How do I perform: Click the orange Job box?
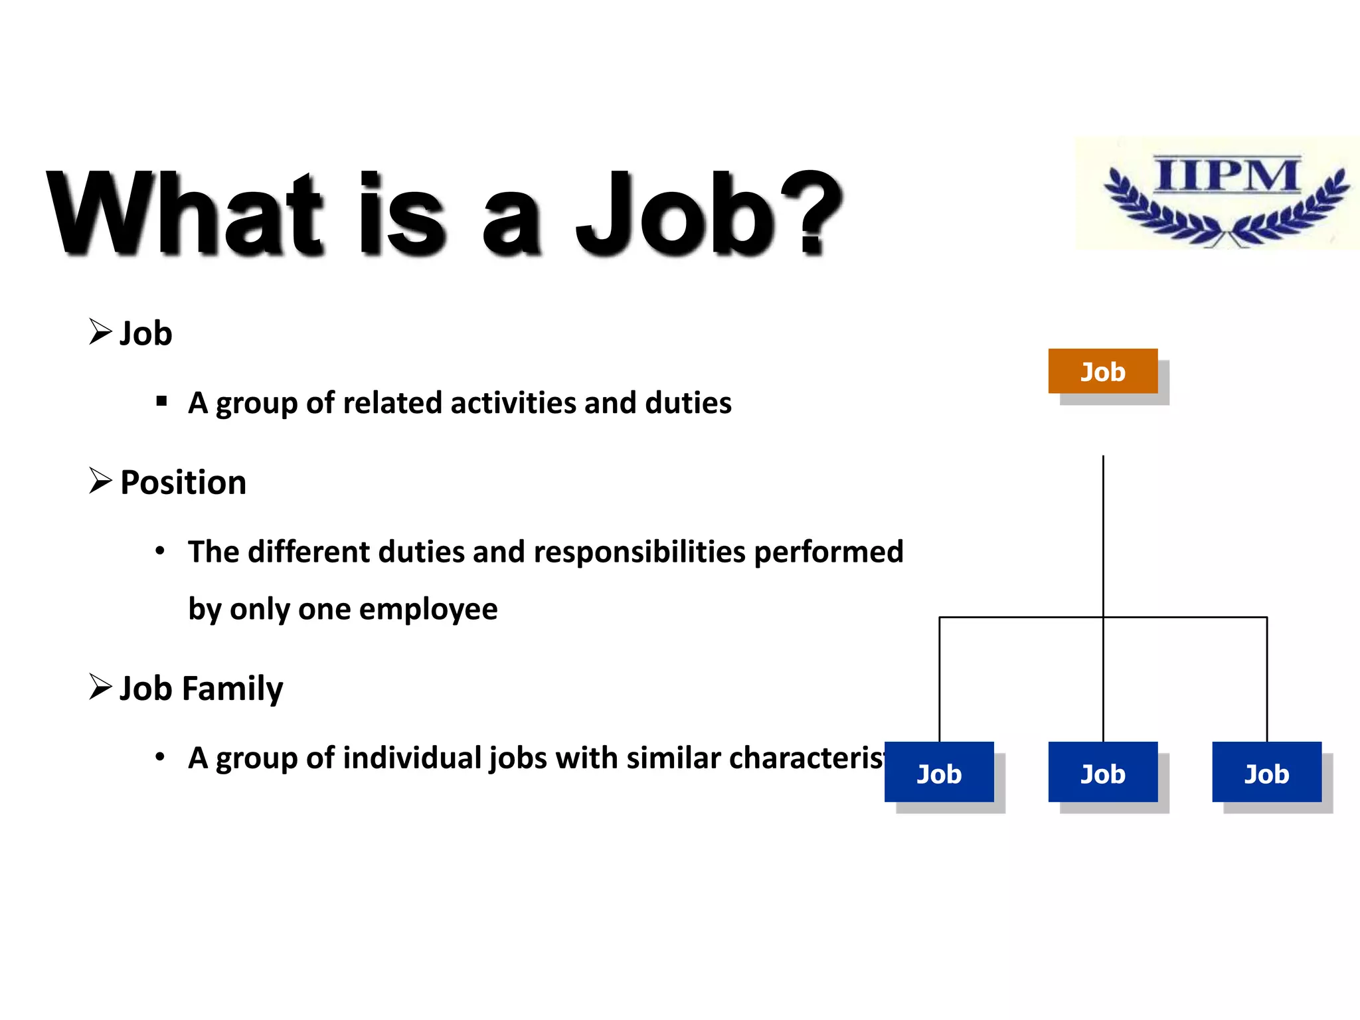[1102, 371]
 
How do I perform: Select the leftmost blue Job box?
[939, 772]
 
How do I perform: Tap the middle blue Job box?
[1102, 772]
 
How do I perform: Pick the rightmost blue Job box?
[1266, 772]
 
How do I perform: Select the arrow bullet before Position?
[100, 480]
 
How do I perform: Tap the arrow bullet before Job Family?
[100, 687]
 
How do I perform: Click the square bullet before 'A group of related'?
[161, 401]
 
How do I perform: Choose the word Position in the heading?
[183, 482]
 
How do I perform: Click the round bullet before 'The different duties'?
[160, 551]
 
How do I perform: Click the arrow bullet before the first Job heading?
[100, 331]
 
